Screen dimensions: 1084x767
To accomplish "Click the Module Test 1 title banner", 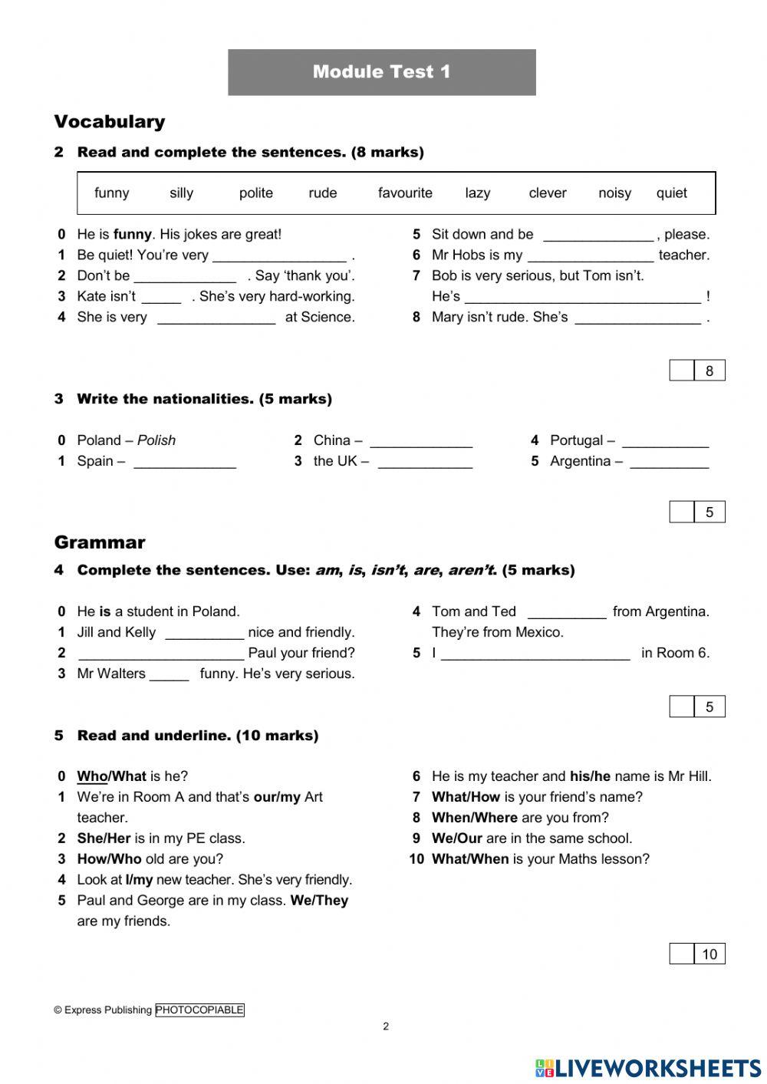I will tap(381, 72).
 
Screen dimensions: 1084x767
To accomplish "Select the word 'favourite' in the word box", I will tap(405, 193).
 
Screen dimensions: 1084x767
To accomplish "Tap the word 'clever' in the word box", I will tap(547, 193).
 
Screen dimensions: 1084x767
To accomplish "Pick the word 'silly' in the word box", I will tap(181, 193).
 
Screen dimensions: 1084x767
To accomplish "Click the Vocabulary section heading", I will tap(109, 122).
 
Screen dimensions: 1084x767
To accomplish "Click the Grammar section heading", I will tap(99, 542).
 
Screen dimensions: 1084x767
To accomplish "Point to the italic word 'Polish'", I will tap(156, 440).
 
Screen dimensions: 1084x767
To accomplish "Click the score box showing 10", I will tap(709, 954).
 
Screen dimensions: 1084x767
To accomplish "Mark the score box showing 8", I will tap(709, 371).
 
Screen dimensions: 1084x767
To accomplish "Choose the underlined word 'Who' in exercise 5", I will tap(91, 776).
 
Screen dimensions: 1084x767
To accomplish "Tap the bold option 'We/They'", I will tap(319, 901).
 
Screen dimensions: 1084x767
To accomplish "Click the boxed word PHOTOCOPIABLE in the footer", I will tap(199, 1010).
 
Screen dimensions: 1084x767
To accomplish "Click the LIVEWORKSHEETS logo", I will tap(647, 1068).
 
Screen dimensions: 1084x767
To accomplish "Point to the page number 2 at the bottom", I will tap(386, 1027).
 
